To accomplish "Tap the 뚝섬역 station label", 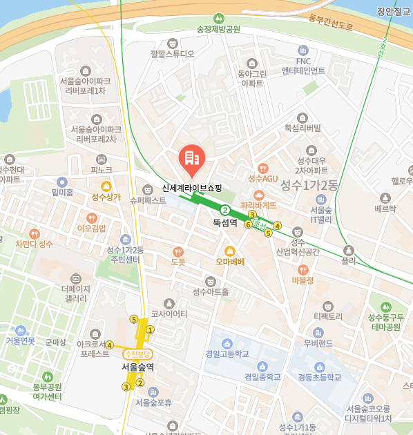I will pos(225,222).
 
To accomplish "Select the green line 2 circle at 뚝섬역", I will pos(224,210).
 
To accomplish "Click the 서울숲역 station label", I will pos(137,367).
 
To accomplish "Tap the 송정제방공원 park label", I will pos(218,29).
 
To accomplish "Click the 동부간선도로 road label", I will pos(331,21).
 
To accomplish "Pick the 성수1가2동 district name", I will pos(309,184).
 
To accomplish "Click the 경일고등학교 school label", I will pos(227,354).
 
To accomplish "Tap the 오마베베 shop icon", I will pos(230,250).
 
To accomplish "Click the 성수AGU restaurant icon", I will pos(262,168).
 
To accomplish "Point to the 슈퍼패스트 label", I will pos(148,200).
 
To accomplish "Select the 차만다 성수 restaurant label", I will pos(35,244).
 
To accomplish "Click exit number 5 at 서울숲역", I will pos(133,319).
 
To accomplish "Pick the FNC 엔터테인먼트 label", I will pos(302,66).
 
